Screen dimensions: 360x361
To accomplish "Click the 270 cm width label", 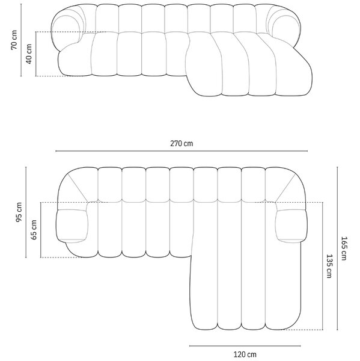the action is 182,143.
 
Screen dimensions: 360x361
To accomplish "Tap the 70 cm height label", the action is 14,40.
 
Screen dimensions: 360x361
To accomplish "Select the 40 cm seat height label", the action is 29,54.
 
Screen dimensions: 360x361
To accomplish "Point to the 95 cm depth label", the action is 19,212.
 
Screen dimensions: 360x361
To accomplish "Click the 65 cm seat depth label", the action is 34,230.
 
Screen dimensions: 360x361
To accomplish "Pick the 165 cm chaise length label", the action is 344,248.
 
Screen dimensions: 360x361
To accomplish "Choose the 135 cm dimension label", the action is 329,266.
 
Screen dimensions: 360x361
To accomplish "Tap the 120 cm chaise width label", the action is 245,354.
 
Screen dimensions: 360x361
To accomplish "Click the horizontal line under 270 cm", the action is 182,151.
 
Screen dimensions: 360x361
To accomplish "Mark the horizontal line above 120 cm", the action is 245,345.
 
